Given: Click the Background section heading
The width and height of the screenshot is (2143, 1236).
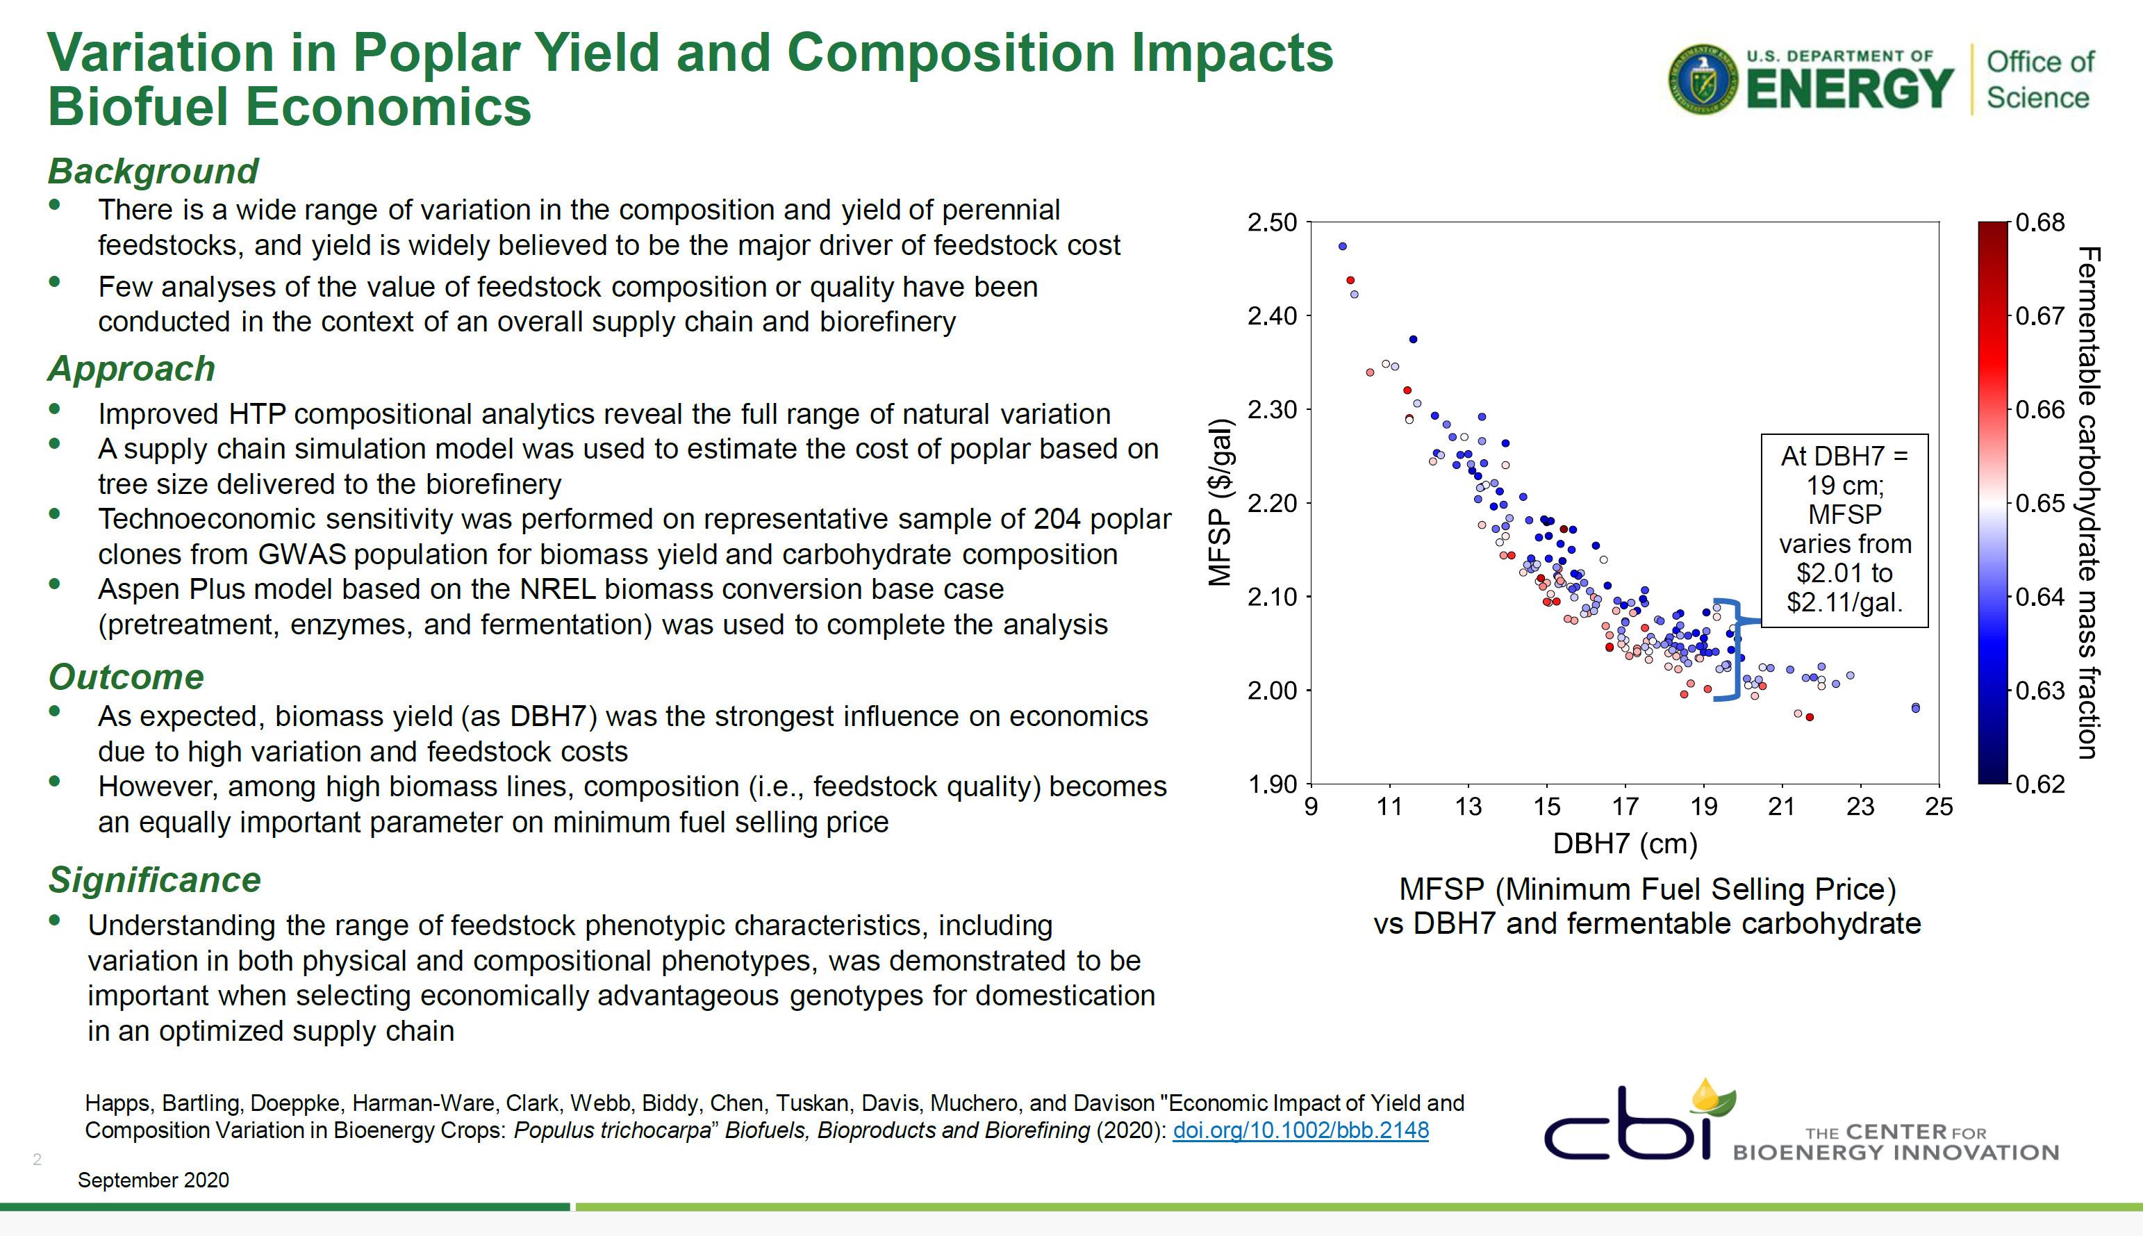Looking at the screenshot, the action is tap(153, 171).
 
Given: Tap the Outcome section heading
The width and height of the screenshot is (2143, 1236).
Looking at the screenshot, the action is tap(126, 677).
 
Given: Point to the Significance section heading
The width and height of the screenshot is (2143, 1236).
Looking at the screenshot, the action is tap(154, 880).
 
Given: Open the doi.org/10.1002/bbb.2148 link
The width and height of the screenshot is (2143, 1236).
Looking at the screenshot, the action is tap(1300, 1130).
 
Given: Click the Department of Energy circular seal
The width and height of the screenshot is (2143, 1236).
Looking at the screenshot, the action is tap(1703, 79).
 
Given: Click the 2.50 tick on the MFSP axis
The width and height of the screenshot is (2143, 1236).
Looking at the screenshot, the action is tap(1271, 222).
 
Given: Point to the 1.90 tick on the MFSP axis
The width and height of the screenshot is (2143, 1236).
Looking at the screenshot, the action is tap(1271, 784).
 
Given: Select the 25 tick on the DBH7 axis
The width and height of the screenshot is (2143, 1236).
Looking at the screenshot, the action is tap(1939, 807).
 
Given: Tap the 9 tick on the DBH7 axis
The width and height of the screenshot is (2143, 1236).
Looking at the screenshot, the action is tap(1312, 807).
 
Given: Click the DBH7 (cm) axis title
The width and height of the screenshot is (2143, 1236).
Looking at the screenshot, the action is tap(1624, 844).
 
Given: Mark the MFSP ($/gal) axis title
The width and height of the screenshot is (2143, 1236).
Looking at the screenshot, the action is tap(1221, 502).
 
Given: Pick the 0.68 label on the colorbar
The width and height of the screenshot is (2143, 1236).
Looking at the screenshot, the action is tap(2039, 222).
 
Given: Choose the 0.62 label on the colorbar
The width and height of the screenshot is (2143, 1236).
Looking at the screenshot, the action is tap(2039, 784).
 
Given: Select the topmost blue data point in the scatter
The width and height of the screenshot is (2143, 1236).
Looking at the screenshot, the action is tap(1343, 246).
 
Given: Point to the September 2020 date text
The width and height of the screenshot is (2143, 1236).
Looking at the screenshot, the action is tap(154, 1180).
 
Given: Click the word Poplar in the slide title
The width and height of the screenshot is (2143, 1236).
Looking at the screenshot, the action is tap(435, 53).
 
